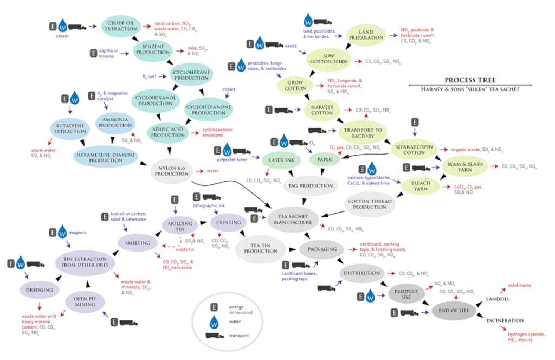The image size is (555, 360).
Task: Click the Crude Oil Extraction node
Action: point(120,25)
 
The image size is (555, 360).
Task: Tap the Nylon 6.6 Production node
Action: point(172,171)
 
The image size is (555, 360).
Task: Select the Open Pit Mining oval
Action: point(85,301)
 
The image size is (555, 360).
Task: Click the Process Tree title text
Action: point(470,80)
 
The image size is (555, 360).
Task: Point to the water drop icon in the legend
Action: point(214,322)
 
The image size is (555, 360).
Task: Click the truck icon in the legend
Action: point(215,336)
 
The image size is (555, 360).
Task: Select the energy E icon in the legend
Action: point(214,307)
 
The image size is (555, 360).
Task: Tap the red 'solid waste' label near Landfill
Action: point(519,285)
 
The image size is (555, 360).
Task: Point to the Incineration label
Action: point(505,320)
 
